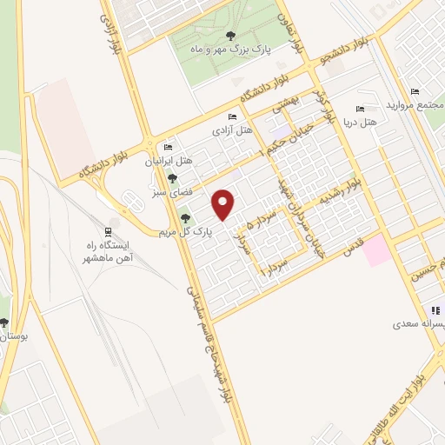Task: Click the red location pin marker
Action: pos(224,204)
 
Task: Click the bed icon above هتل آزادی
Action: pos(230,117)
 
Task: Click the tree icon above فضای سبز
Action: pos(171,177)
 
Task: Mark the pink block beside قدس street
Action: pos(377,251)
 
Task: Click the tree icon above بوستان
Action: pos(4,322)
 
